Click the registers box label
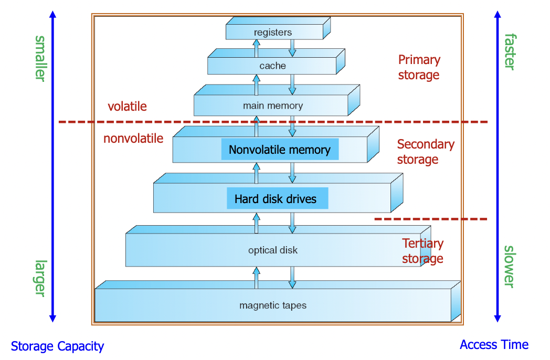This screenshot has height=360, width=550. [272, 33]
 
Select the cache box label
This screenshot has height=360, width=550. [272, 66]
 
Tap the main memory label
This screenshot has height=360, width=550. [272, 105]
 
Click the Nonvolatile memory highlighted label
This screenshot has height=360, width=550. [279, 150]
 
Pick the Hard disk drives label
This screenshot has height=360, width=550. [276, 199]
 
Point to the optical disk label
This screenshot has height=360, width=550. [272, 250]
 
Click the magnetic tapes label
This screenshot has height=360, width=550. [272, 305]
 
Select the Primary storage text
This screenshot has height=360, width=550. [419, 67]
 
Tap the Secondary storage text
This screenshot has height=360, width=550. [425, 152]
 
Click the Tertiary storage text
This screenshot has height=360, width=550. [422, 251]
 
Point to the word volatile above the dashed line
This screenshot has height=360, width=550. [127, 107]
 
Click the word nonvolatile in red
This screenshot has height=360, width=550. [133, 139]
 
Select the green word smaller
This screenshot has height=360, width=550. [40, 58]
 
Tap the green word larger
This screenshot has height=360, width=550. [40, 278]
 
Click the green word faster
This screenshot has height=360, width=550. [510, 51]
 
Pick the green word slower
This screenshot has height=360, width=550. [510, 267]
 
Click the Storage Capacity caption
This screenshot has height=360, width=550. [57, 346]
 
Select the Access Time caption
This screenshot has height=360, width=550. [494, 345]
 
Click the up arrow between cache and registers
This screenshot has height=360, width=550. [256, 48]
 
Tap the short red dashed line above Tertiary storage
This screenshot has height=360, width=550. [430, 218]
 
